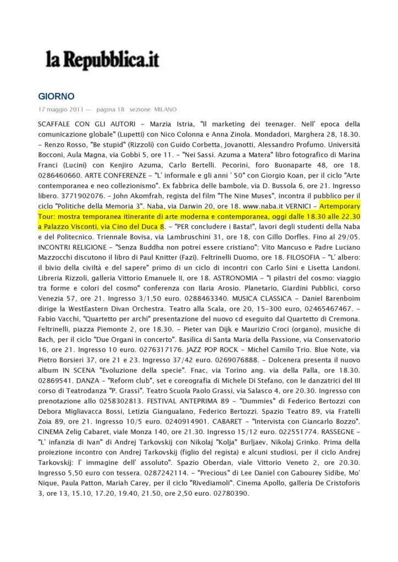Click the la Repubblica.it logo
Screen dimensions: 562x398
102,60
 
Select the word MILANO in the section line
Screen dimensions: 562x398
165,109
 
